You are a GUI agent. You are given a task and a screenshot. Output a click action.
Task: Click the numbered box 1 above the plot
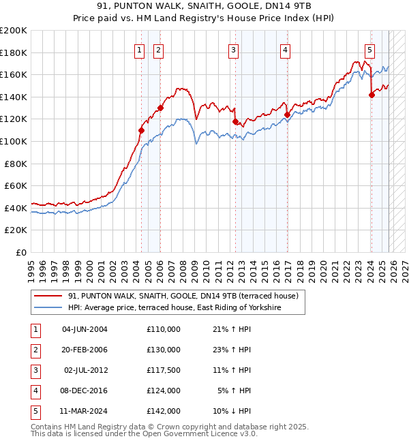pos(139,49)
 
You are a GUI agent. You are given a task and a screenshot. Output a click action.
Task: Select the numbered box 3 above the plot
pos(233,49)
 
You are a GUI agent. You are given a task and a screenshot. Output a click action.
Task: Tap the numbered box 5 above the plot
pos(369,49)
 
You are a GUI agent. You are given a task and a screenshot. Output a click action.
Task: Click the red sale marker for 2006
pos(161,108)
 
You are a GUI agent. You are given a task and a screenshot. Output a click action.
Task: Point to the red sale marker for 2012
pos(236,122)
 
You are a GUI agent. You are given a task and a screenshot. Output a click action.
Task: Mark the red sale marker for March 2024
pos(372,95)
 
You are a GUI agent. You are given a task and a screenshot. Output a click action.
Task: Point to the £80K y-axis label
pos(16,164)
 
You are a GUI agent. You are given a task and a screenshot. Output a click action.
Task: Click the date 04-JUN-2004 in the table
pos(85,329)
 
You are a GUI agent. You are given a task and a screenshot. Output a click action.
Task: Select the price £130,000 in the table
pos(163,350)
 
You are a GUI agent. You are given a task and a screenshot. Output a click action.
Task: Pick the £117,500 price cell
pos(163,371)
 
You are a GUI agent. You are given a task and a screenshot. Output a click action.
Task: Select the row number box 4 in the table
pos(34,391)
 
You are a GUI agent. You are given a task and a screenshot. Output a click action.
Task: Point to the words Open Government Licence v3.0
pos(204,433)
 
